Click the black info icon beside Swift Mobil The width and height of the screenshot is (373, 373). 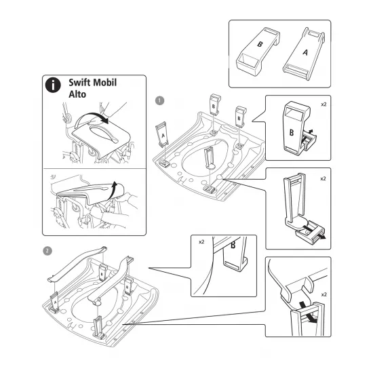[51, 86]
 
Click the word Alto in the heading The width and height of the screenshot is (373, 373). [77, 96]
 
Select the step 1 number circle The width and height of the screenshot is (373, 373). [159, 100]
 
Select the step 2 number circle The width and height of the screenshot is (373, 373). [47, 250]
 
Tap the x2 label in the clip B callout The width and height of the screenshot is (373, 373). [323, 104]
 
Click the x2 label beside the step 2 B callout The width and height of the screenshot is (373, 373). [201, 241]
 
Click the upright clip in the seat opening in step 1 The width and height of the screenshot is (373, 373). [210, 157]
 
